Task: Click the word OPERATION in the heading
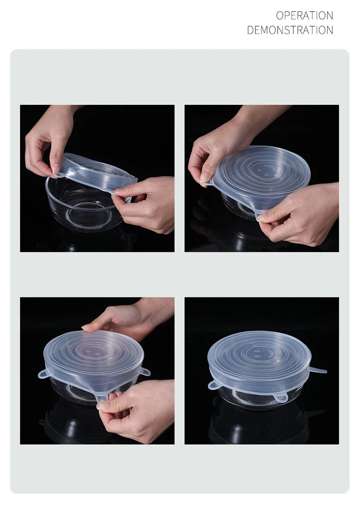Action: coord(304,15)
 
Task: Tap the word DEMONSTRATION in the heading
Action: coord(290,30)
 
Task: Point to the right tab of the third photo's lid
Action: coord(145,371)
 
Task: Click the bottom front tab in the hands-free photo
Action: coord(280,398)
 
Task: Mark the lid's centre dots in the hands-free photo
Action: coord(258,353)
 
